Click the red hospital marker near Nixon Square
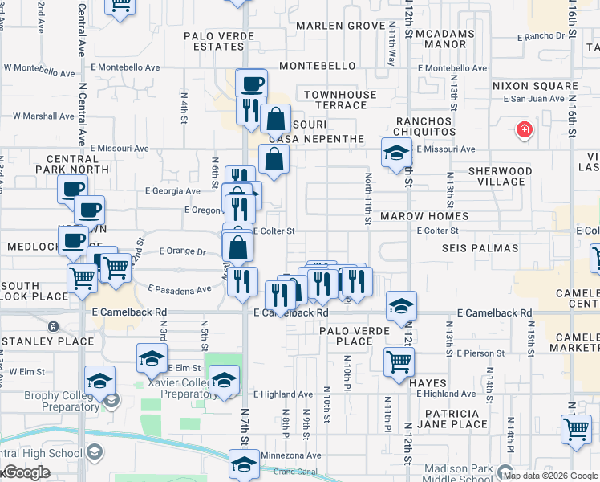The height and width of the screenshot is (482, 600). point(525,129)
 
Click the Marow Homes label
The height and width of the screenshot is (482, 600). point(424,217)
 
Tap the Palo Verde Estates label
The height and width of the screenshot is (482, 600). point(213,41)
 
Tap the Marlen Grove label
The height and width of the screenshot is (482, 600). point(341,26)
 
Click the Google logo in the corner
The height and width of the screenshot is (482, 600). point(26,472)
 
